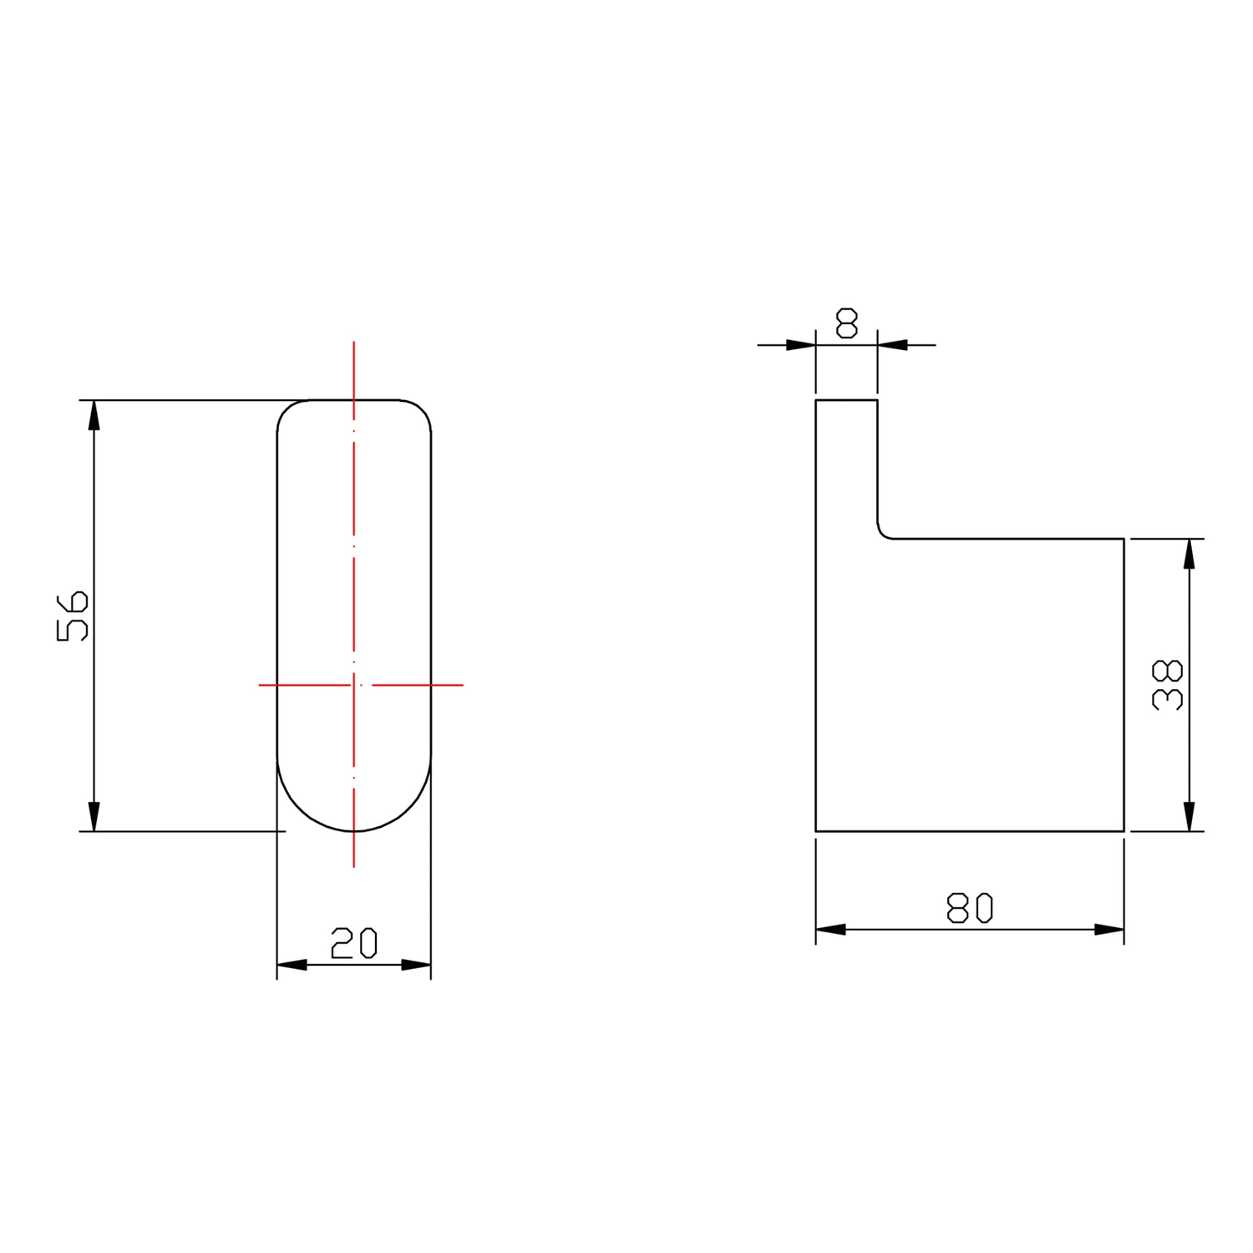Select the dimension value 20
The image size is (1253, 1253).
point(354,943)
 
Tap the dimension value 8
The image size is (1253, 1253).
point(846,323)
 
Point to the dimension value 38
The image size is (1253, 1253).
point(1167,685)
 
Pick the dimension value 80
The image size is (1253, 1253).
point(970,908)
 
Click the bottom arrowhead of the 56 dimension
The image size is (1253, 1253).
point(94,817)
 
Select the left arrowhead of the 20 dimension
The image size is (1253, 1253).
point(292,965)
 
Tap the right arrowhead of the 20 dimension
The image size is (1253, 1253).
point(417,965)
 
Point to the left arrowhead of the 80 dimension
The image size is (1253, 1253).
point(830,929)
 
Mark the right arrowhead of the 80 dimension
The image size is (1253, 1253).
point(1109,929)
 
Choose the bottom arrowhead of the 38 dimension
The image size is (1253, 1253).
point(1190,817)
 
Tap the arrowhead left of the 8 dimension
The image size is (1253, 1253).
point(801,344)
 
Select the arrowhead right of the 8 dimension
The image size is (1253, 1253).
point(892,344)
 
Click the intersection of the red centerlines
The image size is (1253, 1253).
point(354,685)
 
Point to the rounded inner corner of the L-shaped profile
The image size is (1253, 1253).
point(883,533)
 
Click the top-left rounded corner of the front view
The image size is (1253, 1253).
point(287,410)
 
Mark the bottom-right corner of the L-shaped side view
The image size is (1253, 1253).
point(1124,831)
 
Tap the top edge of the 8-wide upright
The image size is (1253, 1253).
point(846,400)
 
